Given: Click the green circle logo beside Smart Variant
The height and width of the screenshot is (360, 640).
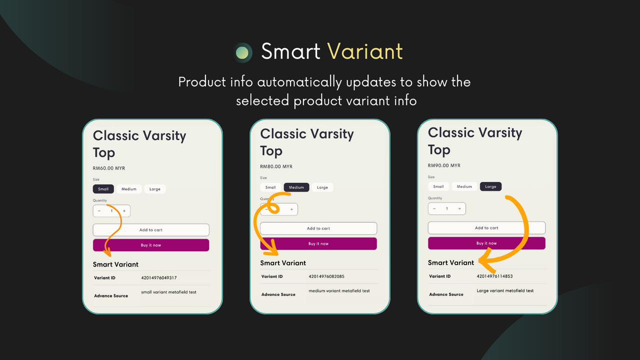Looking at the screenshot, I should point(242,52).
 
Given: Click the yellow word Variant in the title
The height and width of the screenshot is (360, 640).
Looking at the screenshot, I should point(364,51).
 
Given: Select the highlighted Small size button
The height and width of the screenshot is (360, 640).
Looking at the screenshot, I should point(103,189).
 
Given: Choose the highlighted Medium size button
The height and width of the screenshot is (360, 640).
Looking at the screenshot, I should point(296,187).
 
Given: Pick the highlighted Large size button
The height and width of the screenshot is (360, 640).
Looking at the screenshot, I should point(490,186).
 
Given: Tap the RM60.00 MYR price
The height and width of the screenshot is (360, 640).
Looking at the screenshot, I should point(108,168).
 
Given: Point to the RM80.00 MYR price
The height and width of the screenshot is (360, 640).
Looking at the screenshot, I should point(276,166).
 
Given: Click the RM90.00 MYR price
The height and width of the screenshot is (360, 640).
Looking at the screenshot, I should point(444,165).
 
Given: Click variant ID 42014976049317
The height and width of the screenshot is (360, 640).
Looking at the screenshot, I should point(158,278).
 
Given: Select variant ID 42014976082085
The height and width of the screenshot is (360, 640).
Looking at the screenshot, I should point(326,276).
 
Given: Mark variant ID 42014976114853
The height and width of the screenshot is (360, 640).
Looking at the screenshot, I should point(494,276).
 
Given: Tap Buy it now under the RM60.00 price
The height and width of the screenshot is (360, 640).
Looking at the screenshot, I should point(151,245).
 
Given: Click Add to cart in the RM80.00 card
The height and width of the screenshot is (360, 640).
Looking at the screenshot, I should point(318,228).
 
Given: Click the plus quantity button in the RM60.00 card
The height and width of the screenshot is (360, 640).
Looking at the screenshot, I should point(124,211).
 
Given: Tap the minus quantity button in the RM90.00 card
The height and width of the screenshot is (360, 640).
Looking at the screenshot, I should point(434,208).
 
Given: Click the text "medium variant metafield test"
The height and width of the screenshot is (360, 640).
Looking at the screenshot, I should point(339,290).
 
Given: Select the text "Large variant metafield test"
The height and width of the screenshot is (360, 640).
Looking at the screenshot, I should point(505,290).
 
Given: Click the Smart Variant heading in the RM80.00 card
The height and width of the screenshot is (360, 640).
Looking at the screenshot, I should point(283,263).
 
